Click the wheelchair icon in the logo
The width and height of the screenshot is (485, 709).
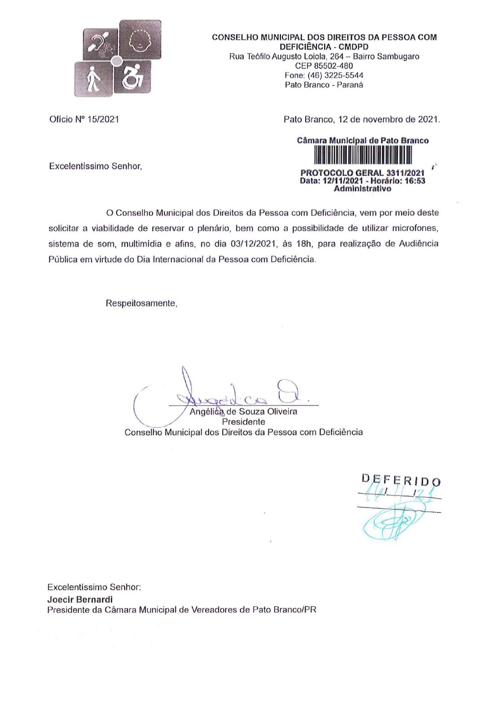point(133,77)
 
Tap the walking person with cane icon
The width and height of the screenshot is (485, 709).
point(93,79)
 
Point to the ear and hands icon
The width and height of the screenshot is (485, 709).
point(101,44)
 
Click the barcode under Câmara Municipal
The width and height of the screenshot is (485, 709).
point(362,155)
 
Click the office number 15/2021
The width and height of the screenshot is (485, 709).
point(103,120)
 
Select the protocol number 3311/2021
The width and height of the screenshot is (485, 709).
point(405,173)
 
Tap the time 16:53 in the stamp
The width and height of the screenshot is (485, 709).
point(415,181)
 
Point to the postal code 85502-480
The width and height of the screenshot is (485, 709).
point(332,66)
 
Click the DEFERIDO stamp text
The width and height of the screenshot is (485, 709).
point(401,480)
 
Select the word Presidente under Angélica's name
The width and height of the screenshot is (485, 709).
point(243,422)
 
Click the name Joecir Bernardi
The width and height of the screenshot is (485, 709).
point(80,599)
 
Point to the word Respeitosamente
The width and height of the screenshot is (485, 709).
point(141,303)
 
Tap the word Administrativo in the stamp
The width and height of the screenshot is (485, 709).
point(362,189)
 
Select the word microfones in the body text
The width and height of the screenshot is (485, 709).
point(415,228)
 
